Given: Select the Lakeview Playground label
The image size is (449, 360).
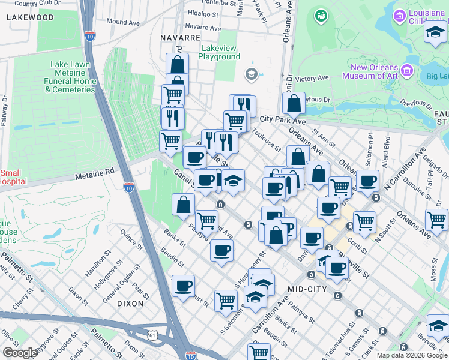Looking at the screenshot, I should tap(220, 52).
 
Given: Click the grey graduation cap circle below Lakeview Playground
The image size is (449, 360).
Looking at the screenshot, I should tap(251, 74).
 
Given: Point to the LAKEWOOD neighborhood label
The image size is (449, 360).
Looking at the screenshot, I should tap(31, 17).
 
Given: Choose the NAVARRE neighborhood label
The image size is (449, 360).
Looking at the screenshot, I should tap(180, 37).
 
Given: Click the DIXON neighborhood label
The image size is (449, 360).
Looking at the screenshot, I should tap(130, 304).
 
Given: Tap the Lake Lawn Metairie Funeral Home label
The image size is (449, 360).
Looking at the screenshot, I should tap(70, 77).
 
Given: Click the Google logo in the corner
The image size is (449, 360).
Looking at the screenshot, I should tap(20, 353).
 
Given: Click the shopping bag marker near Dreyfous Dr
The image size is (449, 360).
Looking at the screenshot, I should tap(294, 103).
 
